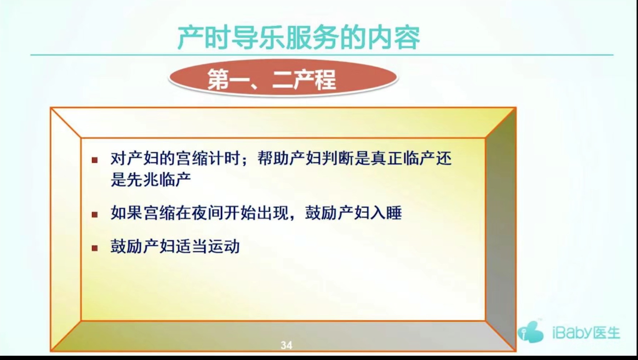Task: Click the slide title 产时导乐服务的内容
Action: [298, 37]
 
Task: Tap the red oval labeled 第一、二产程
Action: [283, 78]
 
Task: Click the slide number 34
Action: [286, 345]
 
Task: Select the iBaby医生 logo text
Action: [586, 333]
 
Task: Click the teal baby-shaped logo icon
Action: [531, 332]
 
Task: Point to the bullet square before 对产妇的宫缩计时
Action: [95, 160]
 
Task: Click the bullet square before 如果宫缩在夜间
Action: [95, 214]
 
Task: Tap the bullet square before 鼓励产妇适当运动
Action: [95, 248]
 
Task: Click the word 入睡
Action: [386, 213]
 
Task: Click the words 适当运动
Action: [208, 247]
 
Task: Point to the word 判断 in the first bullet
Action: [338, 158]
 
